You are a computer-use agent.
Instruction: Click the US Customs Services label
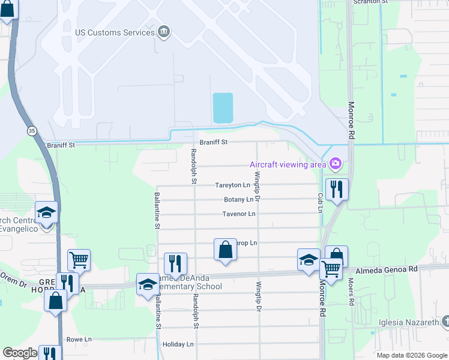115,32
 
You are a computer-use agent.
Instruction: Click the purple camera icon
335,163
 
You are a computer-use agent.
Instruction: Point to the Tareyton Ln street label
232,185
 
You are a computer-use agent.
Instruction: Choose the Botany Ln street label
238,200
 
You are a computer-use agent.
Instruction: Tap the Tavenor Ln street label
239,214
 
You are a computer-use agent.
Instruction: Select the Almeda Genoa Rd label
386,271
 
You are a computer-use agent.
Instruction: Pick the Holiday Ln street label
178,344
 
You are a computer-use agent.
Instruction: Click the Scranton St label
369,2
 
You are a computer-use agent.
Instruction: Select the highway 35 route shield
30,130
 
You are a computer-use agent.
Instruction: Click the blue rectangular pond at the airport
223,108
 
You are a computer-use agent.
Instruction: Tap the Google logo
20,353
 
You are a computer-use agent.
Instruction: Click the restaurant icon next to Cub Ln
337,190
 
